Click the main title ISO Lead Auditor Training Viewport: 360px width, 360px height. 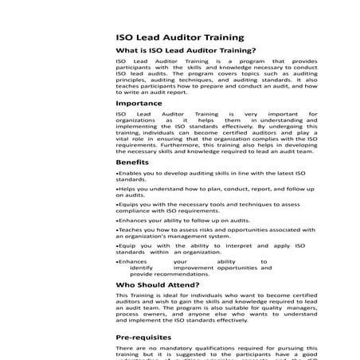point(179,37)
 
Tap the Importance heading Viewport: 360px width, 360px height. point(139,104)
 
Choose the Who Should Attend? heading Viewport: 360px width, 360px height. point(157,284)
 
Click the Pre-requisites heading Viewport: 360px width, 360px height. point(147,337)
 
